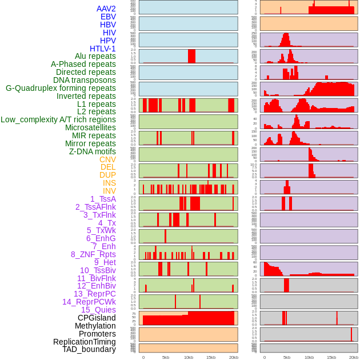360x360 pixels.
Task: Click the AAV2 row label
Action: click(106, 9)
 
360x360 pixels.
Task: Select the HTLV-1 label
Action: click(103, 49)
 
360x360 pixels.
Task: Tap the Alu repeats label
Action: click(95, 56)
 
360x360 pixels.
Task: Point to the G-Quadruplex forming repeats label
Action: click(61, 88)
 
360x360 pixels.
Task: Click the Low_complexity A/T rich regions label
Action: click(58, 119)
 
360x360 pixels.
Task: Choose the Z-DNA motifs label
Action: click(93, 151)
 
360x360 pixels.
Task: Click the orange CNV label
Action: click(107, 159)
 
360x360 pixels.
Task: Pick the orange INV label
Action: click(109, 191)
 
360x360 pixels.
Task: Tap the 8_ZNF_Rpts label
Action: click(93, 254)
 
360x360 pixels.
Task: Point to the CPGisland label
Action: click(97, 318)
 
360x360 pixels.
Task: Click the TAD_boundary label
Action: click(89, 349)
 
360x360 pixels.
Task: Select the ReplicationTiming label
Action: click(85, 342)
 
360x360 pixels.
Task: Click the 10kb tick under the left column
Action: click(188, 357)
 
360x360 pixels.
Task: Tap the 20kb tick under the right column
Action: click(354, 357)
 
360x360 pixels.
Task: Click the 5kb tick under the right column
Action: click(287, 357)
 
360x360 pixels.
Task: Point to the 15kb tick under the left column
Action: click(211, 357)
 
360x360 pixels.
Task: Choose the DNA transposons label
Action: click(85, 80)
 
